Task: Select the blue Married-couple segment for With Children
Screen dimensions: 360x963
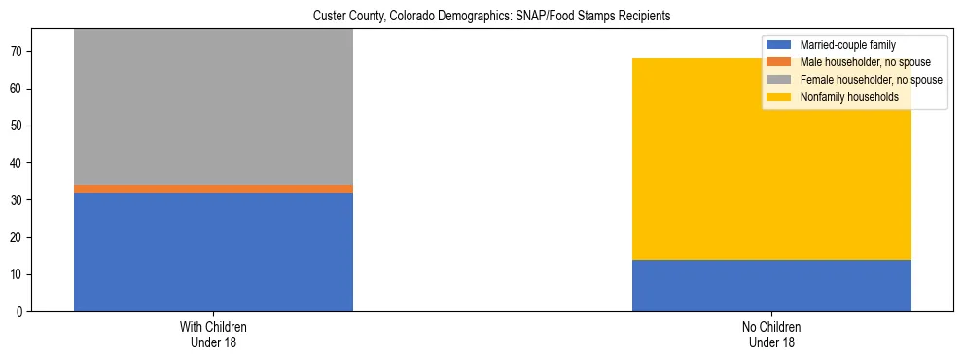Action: click(213, 252)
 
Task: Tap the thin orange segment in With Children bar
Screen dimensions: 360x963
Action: click(213, 189)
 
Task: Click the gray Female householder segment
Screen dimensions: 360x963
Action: click(213, 107)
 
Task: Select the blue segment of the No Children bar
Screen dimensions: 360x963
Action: click(771, 285)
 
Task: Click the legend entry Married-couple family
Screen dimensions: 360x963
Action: click(847, 45)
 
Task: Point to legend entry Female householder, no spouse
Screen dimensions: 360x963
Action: click(871, 80)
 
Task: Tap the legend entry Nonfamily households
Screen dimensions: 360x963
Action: click(848, 97)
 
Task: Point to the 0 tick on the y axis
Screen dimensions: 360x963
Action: click(20, 312)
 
